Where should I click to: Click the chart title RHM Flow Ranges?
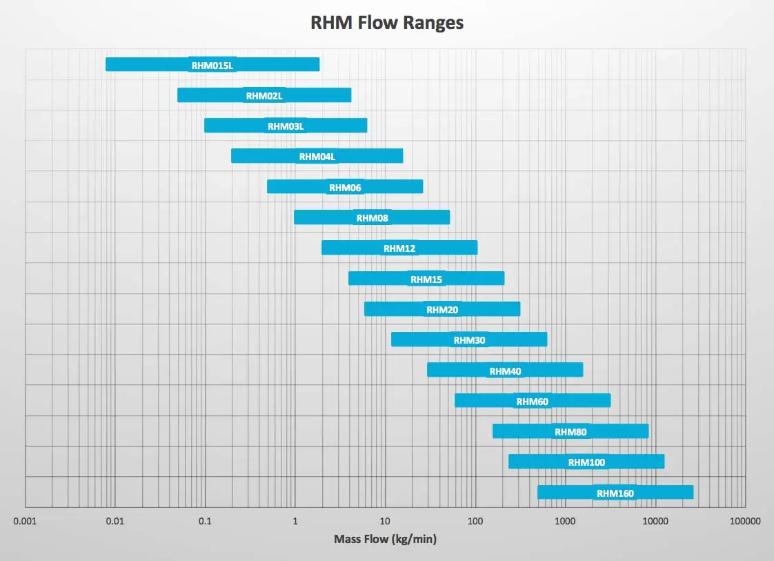[x=387, y=23]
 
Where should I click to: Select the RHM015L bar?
[x=212, y=65]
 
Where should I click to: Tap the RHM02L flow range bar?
[x=264, y=95]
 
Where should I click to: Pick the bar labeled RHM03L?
[x=286, y=126]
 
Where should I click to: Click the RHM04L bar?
[x=317, y=156]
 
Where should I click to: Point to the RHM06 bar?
[x=345, y=187]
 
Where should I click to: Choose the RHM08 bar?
[x=372, y=217]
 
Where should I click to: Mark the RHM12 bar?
[x=399, y=248]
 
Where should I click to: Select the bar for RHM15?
[x=426, y=279]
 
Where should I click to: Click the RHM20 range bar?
[x=442, y=309]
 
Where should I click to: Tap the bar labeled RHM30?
[x=469, y=339]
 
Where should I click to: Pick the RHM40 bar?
[x=505, y=370]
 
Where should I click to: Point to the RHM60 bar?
[x=533, y=400]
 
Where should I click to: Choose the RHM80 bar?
[x=570, y=431]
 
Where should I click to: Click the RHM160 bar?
[x=615, y=493]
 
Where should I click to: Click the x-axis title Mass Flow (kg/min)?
[x=386, y=539]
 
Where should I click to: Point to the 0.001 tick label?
[x=25, y=521]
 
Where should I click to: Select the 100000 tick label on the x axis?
[x=745, y=521]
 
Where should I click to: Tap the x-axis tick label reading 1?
[x=295, y=521]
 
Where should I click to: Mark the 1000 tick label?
[x=565, y=521]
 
